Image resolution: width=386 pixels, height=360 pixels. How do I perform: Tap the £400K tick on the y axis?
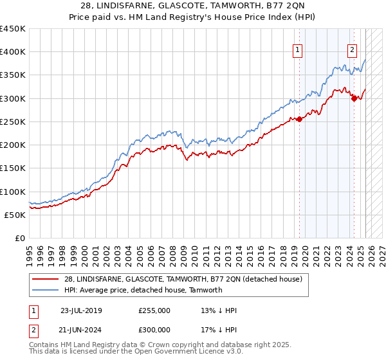(x=13, y=52)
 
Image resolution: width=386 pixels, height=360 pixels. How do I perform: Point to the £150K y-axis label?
(x=13, y=168)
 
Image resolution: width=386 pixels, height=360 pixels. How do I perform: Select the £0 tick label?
(x=20, y=238)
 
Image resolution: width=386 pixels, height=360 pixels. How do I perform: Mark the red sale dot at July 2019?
(x=299, y=119)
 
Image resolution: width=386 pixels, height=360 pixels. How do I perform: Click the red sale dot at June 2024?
(x=354, y=98)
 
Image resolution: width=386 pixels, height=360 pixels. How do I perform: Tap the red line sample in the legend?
(x=47, y=278)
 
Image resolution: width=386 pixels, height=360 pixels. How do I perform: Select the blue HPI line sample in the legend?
(x=47, y=290)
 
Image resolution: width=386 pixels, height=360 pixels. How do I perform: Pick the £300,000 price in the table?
(x=154, y=331)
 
